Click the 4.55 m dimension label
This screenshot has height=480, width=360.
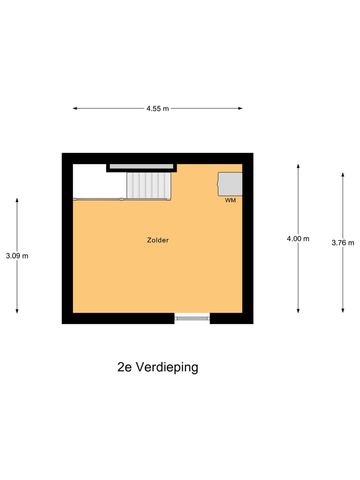click(157, 108)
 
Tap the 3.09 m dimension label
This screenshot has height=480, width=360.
click(17, 255)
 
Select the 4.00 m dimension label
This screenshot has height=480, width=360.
click(298, 238)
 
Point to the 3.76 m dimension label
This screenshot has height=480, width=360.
click(343, 243)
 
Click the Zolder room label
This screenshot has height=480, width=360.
click(158, 240)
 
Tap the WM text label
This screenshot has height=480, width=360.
click(230, 200)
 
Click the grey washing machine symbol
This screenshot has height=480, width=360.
click(230, 184)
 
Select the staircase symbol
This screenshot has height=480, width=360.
click(148, 186)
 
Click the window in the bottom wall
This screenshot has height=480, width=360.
click(192, 317)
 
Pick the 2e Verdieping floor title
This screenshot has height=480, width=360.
click(157, 367)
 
